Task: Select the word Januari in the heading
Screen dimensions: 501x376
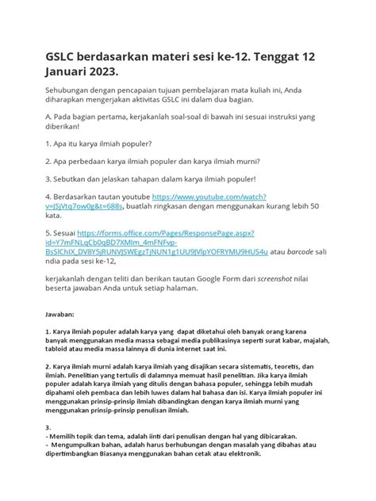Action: coord(79,71)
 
